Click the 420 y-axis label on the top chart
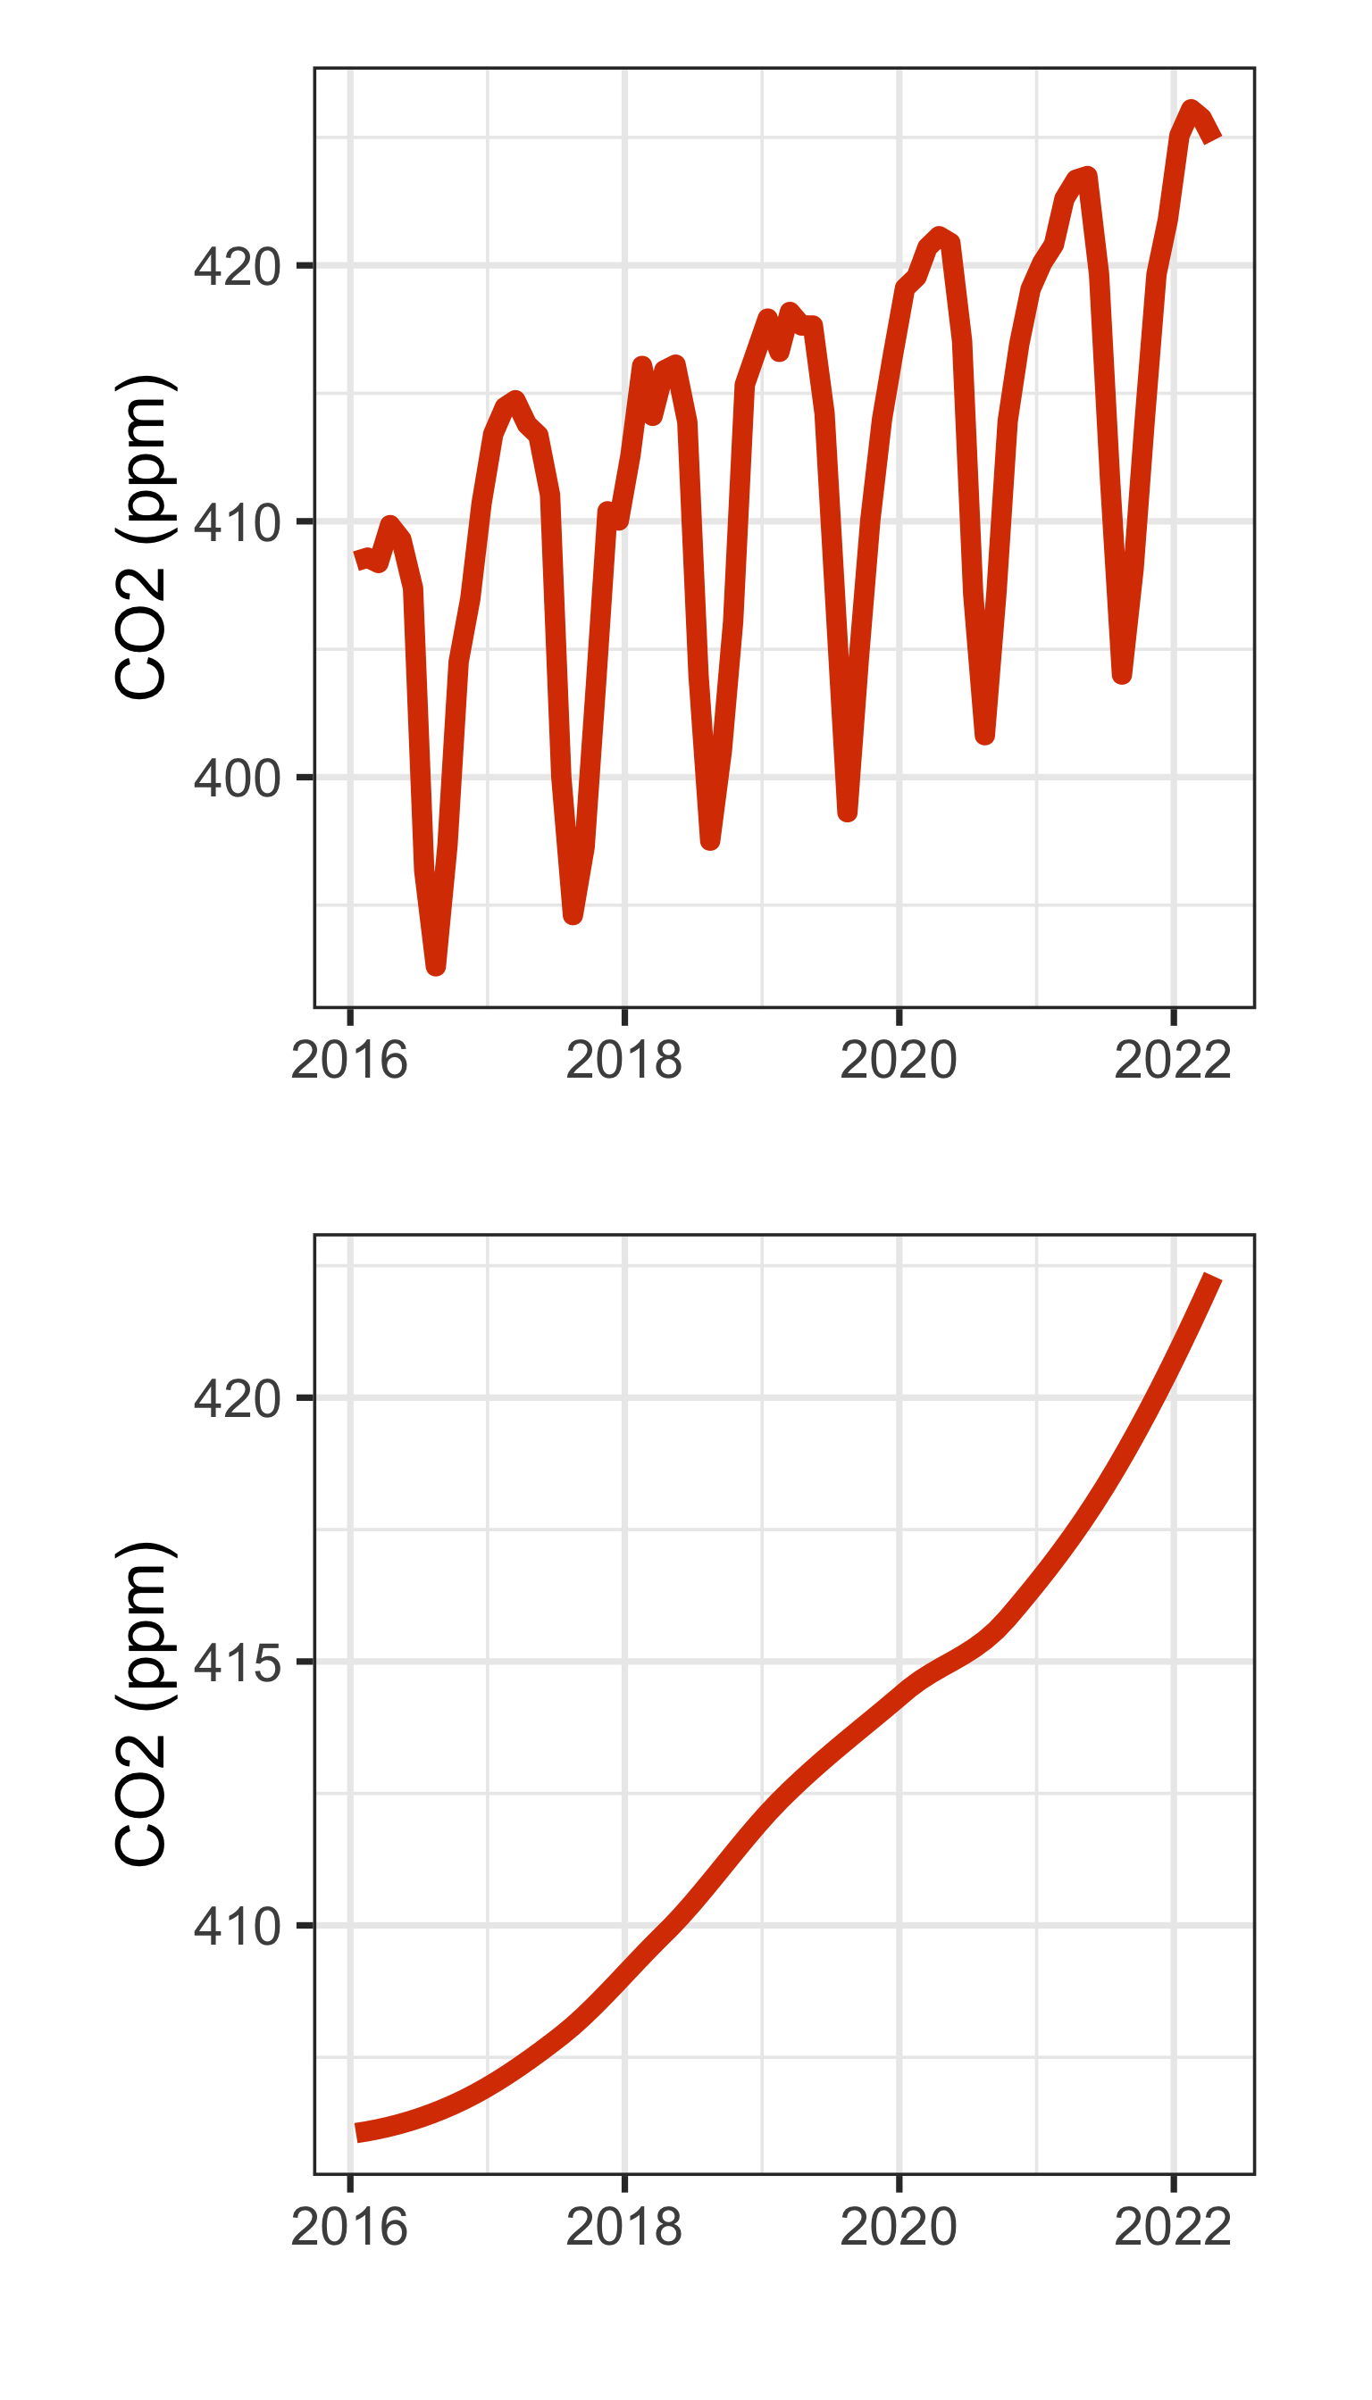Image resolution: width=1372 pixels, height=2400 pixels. (237, 267)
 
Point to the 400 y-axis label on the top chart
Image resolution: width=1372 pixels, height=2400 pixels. (237, 778)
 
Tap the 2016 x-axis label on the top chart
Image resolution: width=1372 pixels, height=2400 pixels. (349, 1061)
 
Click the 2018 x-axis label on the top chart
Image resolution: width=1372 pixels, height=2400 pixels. (623, 1061)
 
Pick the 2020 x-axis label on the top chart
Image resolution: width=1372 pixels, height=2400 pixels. (898, 1061)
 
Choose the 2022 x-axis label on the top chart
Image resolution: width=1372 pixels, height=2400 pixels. (1172, 1061)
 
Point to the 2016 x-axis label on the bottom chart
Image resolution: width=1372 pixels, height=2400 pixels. (349, 2228)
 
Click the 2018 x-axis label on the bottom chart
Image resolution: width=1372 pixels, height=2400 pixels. (623, 2228)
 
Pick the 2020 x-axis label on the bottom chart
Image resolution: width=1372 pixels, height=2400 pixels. (898, 2228)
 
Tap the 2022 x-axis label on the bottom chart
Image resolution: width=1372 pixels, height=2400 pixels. (1172, 2228)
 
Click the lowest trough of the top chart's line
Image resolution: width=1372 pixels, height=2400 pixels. (435, 966)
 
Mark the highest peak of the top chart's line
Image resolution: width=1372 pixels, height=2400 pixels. (1192, 109)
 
